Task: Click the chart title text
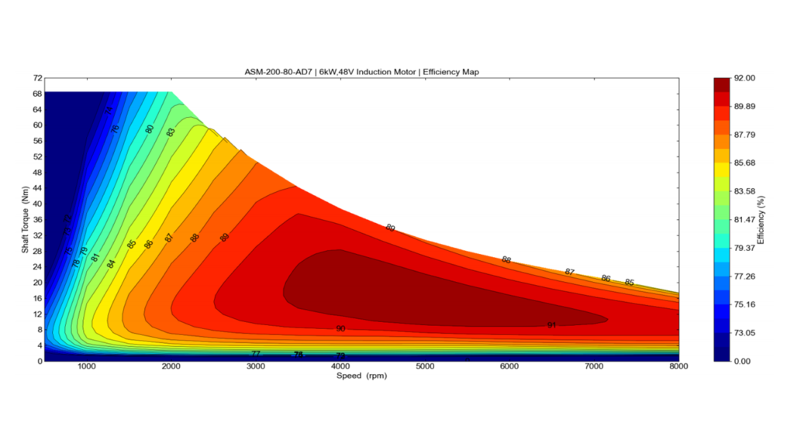pyautogui.click(x=362, y=72)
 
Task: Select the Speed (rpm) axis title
pyautogui.click(x=362, y=376)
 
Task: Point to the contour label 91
pyautogui.click(x=551, y=325)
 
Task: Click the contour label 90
pyautogui.click(x=340, y=329)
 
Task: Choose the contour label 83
pyautogui.click(x=171, y=132)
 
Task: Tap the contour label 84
pyautogui.click(x=112, y=264)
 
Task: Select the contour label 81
pyautogui.click(x=95, y=257)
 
